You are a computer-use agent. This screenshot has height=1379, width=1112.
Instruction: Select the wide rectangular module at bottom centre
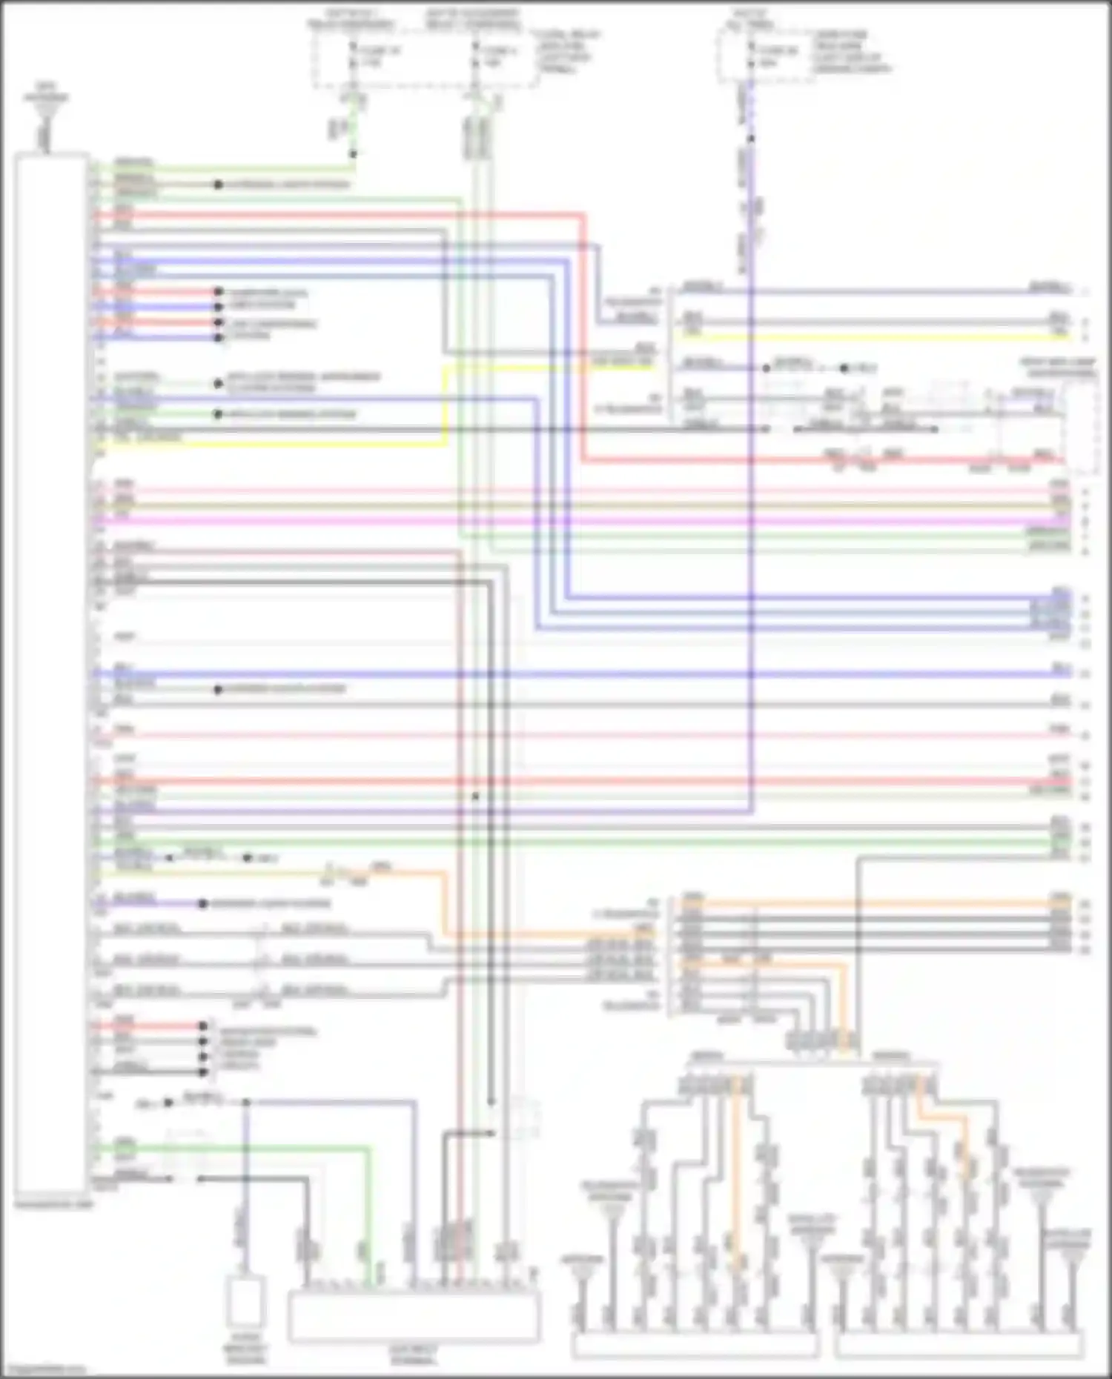[414, 1316]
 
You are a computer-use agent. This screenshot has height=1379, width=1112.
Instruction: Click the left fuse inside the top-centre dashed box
[353, 56]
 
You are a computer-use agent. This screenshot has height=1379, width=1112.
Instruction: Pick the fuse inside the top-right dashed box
[749, 56]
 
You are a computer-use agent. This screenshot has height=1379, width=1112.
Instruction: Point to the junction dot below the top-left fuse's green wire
[353, 154]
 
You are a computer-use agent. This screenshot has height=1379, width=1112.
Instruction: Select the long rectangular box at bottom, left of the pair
[695, 1346]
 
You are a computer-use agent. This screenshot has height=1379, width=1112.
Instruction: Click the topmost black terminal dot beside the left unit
[218, 184]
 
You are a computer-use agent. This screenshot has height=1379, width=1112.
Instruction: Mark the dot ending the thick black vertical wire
[490, 1103]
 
